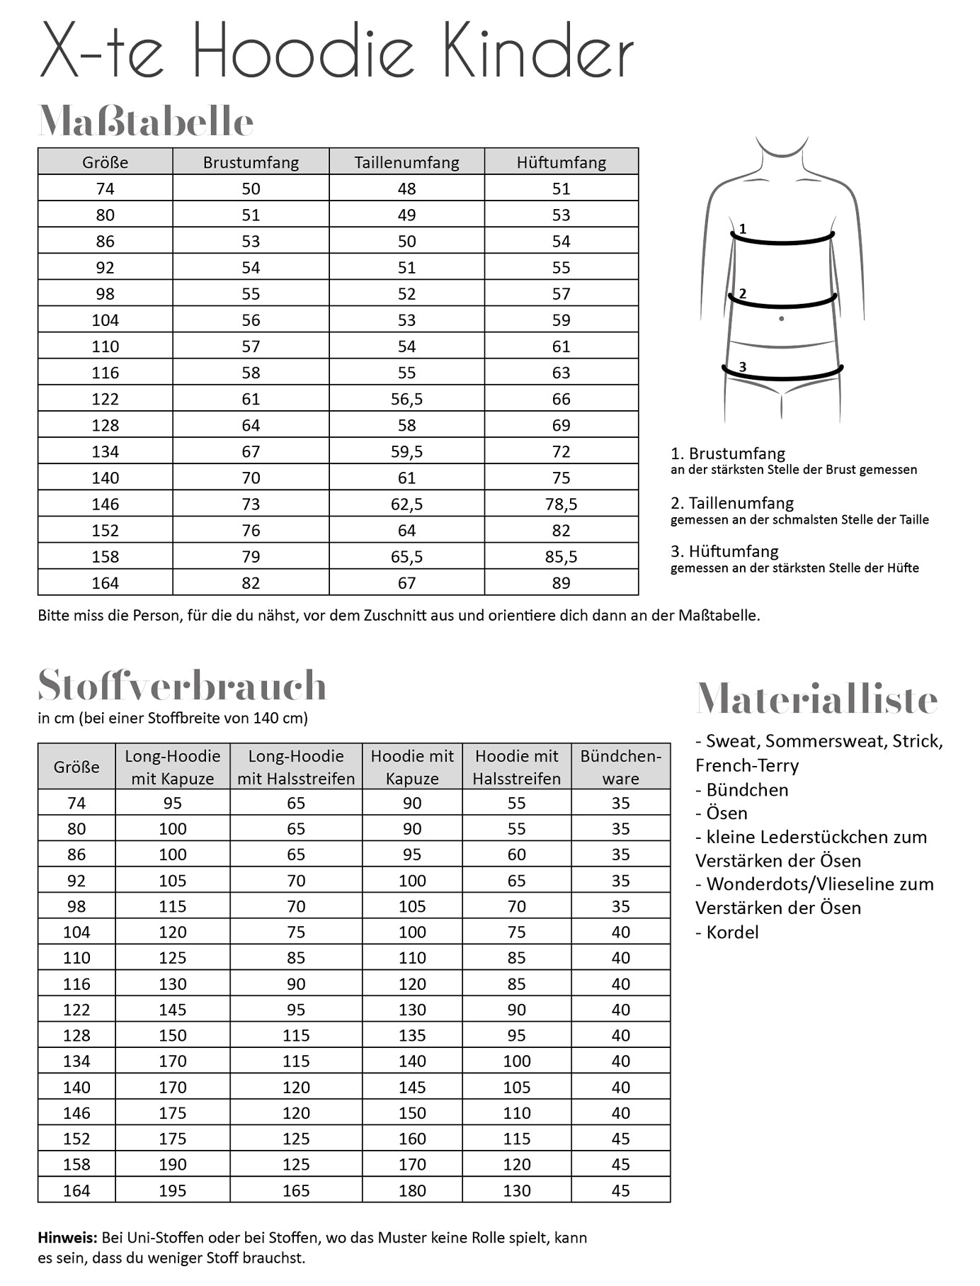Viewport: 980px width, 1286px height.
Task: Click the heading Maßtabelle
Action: tap(145, 122)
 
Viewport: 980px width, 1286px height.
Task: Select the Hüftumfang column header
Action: tap(561, 162)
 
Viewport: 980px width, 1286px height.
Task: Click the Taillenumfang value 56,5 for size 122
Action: tap(406, 399)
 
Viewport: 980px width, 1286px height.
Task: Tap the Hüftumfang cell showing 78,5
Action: tap(561, 504)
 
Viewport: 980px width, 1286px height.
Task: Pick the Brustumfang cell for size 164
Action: tap(251, 582)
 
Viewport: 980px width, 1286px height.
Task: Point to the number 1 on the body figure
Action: tap(742, 229)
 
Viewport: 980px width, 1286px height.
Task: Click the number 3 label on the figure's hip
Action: tap(742, 366)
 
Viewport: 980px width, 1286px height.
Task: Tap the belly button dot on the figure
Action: tap(781, 319)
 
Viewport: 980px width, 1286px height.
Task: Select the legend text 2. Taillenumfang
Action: tap(732, 503)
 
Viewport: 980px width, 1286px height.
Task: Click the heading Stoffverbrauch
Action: tap(182, 685)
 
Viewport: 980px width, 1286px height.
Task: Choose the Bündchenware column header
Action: tap(620, 767)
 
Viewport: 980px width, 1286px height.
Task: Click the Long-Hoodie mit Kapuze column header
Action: tap(172, 767)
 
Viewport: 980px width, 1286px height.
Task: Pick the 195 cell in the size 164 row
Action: tap(172, 1190)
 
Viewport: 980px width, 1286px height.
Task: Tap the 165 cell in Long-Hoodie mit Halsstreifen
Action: tap(296, 1190)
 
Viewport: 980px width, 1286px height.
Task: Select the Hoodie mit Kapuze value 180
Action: tap(412, 1190)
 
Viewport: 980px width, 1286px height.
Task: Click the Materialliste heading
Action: tap(816, 699)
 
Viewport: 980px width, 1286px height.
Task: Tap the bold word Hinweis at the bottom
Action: tap(67, 1238)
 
